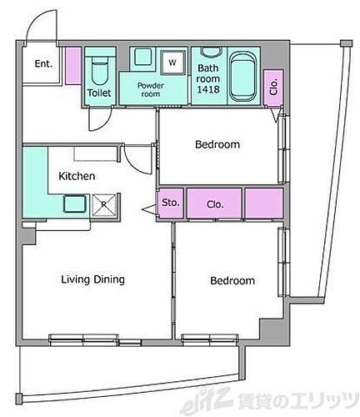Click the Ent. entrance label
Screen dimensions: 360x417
tap(43, 63)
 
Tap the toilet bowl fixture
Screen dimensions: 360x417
tap(100, 73)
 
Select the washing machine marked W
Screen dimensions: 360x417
tap(173, 63)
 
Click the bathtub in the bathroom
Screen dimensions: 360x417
tap(243, 76)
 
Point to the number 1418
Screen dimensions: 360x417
tap(208, 89)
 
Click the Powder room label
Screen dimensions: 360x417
tap(151, 89)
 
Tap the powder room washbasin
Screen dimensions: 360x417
tap(143, 57)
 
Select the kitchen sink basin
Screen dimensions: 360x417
tap(75, 203)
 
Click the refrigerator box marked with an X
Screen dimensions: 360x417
tap(103, 205)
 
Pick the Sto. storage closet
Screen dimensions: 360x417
tap(171, 203)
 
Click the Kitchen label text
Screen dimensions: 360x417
tap(77, 176)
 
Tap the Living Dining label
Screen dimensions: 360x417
tap(92, 279)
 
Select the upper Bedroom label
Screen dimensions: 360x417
tap(217, 144)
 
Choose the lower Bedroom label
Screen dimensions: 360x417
tap(232, 280)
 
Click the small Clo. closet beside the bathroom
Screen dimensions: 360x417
tap(273, 88)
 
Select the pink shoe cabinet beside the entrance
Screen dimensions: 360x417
tap(73, 66)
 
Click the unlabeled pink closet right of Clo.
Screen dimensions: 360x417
tap(264, 203)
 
